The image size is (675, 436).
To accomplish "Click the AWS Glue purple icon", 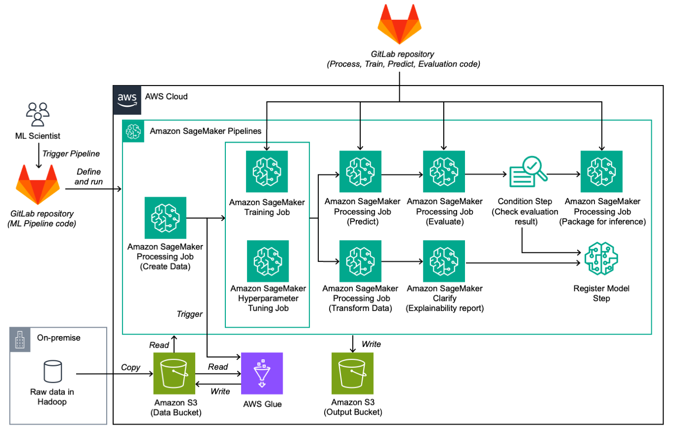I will point(261,373).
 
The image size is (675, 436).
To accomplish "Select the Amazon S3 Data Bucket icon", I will point(173,373).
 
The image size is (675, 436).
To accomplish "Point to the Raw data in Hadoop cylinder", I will point(52,371).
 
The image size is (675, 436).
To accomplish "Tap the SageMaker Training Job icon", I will point(267,172).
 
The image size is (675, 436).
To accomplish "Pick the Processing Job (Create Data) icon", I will point(166,218).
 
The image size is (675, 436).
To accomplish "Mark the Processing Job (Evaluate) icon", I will point(443,172).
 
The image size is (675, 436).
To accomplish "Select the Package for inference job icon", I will point(601,172).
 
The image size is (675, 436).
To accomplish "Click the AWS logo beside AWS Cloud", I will point(127,97).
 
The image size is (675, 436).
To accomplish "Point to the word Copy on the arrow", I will point(130,367).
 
